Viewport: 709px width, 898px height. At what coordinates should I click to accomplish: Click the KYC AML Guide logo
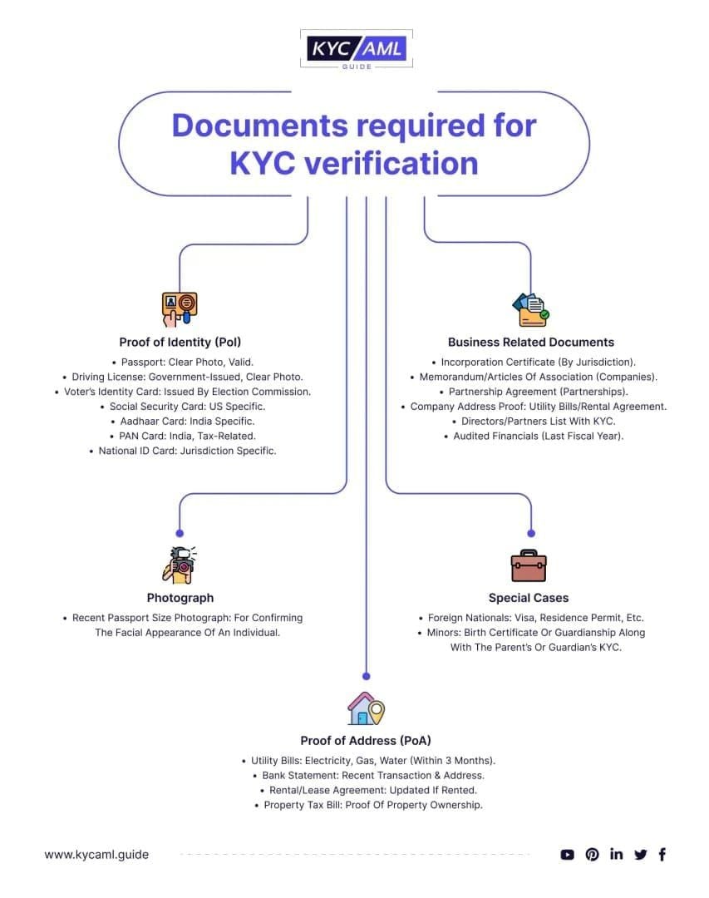(x=355, y=50)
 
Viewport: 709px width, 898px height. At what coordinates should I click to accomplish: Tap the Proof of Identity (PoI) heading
(x=180, y=342)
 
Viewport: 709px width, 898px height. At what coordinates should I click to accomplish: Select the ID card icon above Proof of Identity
(x=180, y=308)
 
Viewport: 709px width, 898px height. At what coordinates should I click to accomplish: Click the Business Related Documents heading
(x=530, y=342)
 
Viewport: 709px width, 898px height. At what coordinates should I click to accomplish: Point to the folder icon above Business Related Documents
(x=530, y=309)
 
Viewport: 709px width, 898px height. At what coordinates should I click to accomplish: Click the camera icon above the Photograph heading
(x=180, y=565)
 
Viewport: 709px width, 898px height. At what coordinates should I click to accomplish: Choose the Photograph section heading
(x=180, y=598)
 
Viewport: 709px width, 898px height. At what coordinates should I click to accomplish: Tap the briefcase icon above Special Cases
(x=529, y=565)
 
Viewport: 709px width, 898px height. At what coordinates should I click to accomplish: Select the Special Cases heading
(x=529, y=598)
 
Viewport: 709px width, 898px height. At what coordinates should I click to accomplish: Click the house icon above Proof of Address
(x=366, y=708)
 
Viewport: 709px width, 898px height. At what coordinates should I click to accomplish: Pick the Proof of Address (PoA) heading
(x=366, y=740)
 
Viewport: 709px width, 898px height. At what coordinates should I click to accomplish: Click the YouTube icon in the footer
(x=568, y=854)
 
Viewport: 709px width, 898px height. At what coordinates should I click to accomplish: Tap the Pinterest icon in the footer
(x=592, y=854)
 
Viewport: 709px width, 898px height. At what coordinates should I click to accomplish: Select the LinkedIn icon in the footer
(x=616, y=854)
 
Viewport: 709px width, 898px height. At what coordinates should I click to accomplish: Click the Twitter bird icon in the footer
(x=640, y=854)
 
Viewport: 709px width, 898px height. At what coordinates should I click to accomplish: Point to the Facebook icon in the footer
(x=662, y=854)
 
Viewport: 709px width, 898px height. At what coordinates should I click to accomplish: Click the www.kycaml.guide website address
(x=96, y=854)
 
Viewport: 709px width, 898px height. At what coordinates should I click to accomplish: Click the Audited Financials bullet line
(x=537, y=436)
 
